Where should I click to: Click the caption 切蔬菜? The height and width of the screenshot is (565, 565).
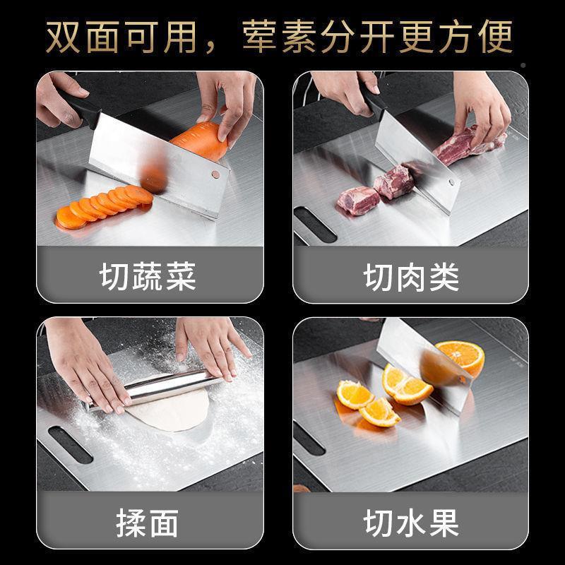pyautogui.click(x=148, y=277)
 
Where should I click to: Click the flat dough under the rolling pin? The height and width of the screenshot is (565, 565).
pyautogui.click(x=169, y=413)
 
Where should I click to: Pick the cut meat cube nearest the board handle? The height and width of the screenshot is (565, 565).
pyautogui.click(x=358, y=200)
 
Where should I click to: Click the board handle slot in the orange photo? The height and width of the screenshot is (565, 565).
pyautogui.click(x=309, y=438)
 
